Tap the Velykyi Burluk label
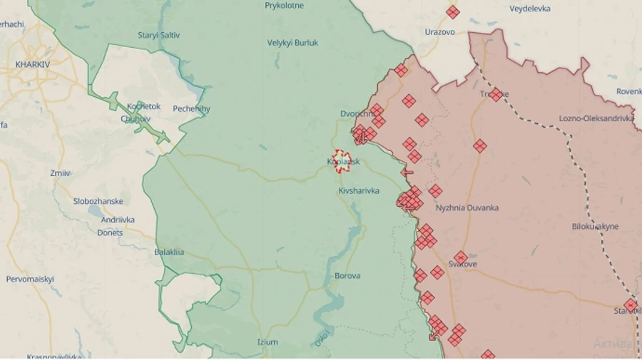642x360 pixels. pyautogui.click(x=292, y=43)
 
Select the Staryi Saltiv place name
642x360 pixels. pyautogui.click(x=158, y=35)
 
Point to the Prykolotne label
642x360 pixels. pyautogui.click(x=284, y=6)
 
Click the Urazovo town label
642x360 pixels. pyautogui.click(x=439, y=32)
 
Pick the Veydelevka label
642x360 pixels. pyautogui.click(x=530, y=9)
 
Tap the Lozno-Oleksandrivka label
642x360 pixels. pyautogui.click(x=596, y=118)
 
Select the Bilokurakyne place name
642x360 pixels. pyautogui.click(x=595, y=227)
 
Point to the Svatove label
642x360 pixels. pyautogui.click(x=462, y=264)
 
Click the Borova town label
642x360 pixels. pyautogui.click(x=347, y=276)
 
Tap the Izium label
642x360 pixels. pyautogui.click(x=267, y=342)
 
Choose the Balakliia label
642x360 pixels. pyautogui.click(x=169, y=252)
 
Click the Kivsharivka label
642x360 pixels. pyautogui.click(x=359, y=191)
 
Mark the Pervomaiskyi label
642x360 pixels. pyautogui.click(x=30, y=279)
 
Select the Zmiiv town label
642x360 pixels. pyautogui.click(x=61, y=173)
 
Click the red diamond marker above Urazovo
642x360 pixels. pyautogui.click(x=452, y=12)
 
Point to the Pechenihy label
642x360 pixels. pyautogui.click(x=191, y=109)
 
